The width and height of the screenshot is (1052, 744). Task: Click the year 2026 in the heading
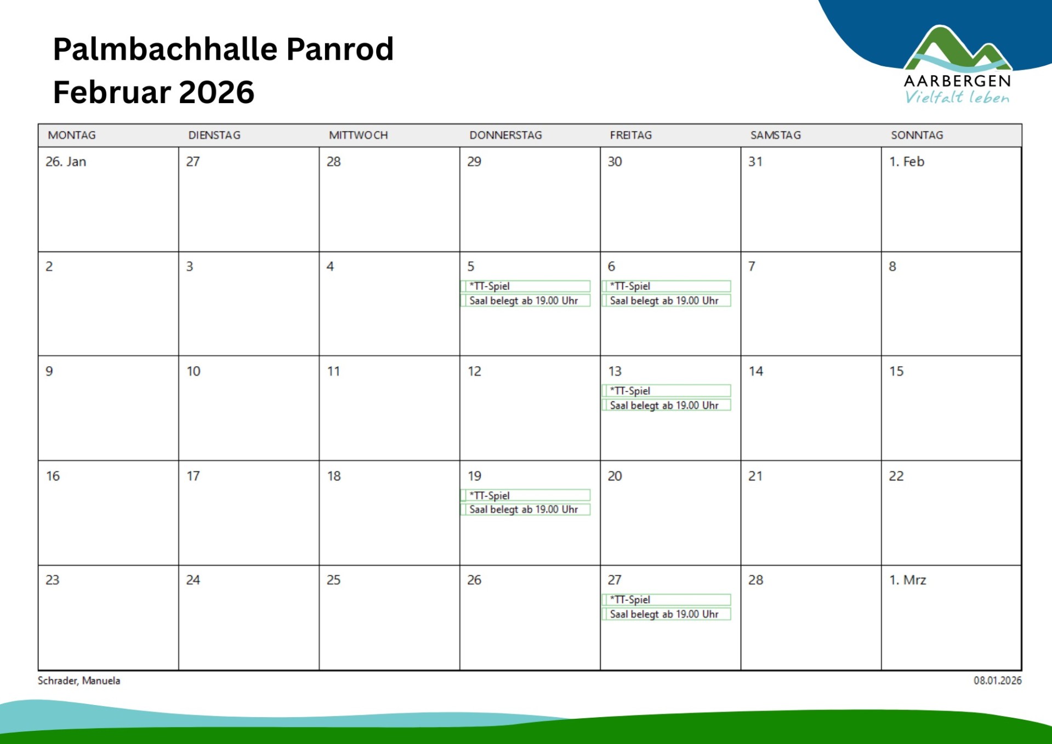coord(217,92)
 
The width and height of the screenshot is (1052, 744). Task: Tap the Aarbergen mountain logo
coord(957,50)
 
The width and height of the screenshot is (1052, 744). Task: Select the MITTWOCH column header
coord(358,135)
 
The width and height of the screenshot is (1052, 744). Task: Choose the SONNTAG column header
coord(917,135)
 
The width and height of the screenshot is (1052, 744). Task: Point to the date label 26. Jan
coord(66,162)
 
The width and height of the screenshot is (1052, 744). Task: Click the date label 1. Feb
coord(907,162)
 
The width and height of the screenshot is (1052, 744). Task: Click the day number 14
coord(756,371)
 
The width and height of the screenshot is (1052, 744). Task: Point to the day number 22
coord(896,476)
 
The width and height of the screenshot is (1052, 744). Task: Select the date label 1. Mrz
coord(908,580)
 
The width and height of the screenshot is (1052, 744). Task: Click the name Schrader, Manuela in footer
coord(79,680)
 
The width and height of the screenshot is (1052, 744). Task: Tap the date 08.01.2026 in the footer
coord(997,680)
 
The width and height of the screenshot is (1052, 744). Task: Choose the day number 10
coord(194,371)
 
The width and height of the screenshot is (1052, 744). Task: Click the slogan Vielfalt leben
coord(957,98)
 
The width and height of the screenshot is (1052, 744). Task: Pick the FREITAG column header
coord(631,135)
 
